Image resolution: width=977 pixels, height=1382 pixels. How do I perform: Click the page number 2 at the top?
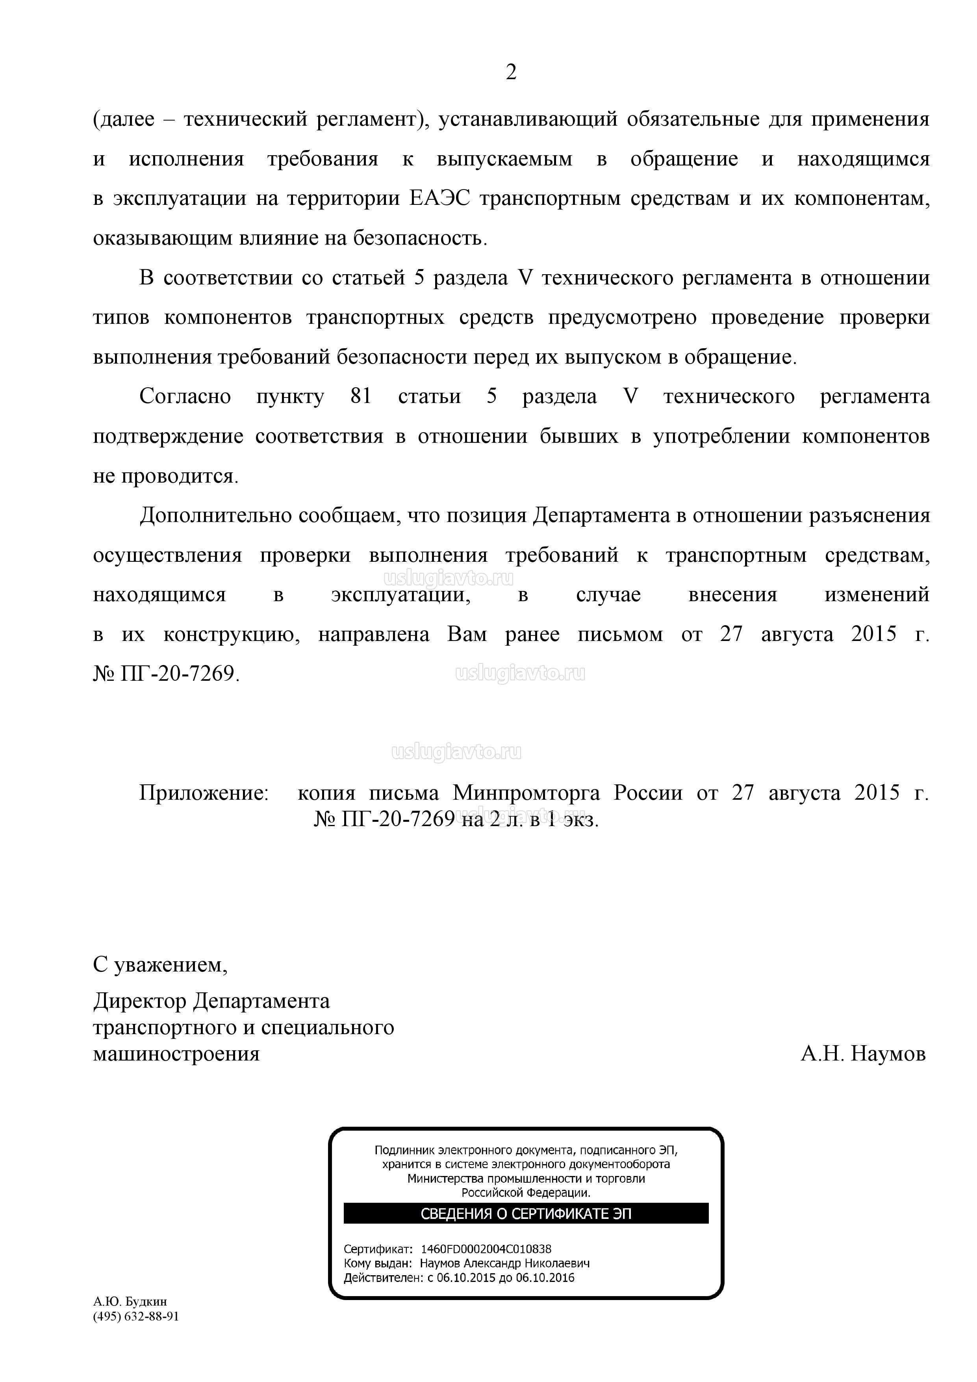coord(511,73)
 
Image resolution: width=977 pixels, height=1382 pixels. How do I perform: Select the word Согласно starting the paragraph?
coord(185,397)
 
